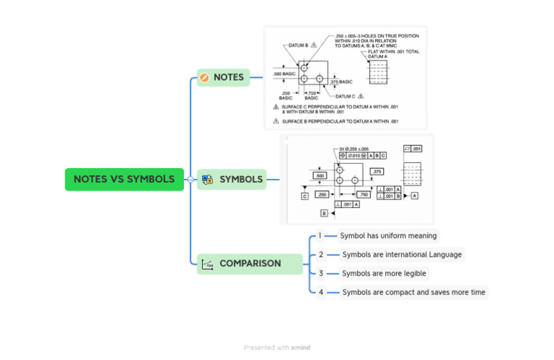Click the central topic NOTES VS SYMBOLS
click(124, 179)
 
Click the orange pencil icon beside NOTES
click(204, 78)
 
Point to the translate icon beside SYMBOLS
click(207, 180)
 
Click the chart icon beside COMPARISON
click(207, 264)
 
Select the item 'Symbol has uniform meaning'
click(388, 235)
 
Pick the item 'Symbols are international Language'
click(402, 254)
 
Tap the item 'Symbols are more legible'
click(384, 273)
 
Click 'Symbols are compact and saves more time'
click(413, 292)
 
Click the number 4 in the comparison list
click(321, 292)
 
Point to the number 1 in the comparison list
click(320, 235)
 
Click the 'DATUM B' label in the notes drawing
click(299, 45)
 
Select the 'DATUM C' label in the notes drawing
click(345, 96)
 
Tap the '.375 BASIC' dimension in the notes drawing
click(342, 82)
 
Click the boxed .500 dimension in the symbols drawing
click(320, 175)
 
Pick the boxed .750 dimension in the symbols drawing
click(363, 194)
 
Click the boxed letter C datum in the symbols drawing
click(304, 196)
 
